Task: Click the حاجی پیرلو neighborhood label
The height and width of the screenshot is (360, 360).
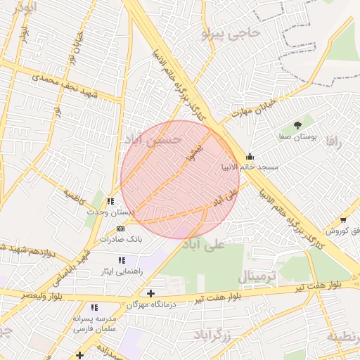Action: click(231, 32)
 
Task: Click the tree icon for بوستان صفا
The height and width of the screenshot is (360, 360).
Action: click(298, 124)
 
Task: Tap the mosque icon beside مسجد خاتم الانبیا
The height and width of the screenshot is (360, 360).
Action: click(250, 157)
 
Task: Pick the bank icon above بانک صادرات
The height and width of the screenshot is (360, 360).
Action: click(121, 229)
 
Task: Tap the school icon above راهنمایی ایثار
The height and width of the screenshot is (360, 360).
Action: click(122, 260)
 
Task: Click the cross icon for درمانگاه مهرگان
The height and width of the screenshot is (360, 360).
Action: click(150, 292)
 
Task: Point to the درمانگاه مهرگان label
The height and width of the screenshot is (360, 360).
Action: click(150, 304)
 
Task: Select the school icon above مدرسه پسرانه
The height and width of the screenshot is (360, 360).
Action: click(94, 307)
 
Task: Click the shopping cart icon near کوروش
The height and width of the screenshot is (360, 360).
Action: click(342, 220)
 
